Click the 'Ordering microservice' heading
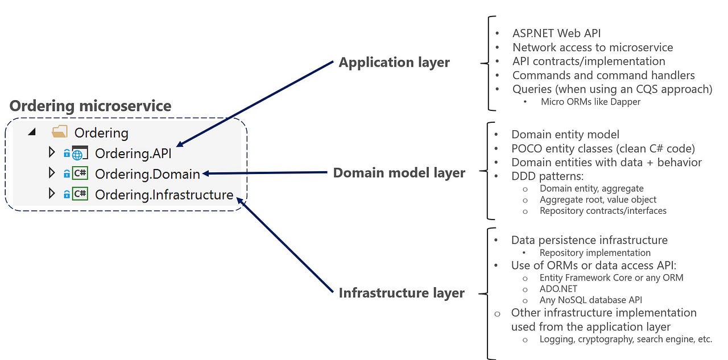click(x=90, y=106)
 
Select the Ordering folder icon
click(x=60, y=133)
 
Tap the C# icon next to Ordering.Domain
click(x=80, y=173)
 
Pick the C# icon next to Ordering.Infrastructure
click(x=80, y=194)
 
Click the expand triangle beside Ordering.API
click(x=52, y=152)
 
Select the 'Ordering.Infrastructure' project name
click(x=164, y=195)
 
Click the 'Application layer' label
click(x=394, y=63)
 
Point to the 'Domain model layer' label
click(x=399, y=173)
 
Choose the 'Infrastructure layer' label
click(x=402, y=293)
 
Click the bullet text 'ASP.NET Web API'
click(x=556, y=34)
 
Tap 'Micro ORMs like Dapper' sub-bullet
click(x=590, y=102)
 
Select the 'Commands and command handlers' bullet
click(x=603, y=75)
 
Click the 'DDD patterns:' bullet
click(x=547, y=176)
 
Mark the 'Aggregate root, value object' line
click(x=598, y=200)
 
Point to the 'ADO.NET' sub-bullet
click(x=558, y=289)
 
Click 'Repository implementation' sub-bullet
click(x=595, y=253)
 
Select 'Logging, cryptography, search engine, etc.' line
click(x=626, y=339)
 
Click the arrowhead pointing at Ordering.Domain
click(x=206, y=173)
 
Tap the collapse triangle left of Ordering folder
click(x=32, y=133)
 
